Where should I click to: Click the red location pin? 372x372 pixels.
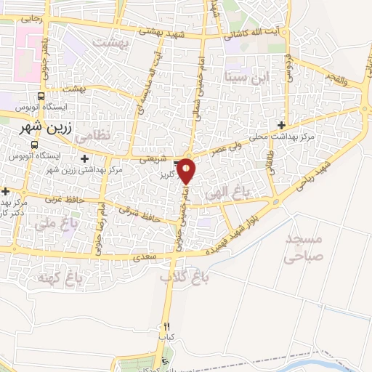pyautogui.click(x=187, y=171)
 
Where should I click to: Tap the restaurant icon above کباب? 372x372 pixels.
pyautogui.click(x=167, y=327)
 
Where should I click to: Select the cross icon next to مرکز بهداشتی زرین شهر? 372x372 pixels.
pyautogui.click(x=86, y=158)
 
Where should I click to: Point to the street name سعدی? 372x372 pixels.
pyautogui.click(x=141, y=258)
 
